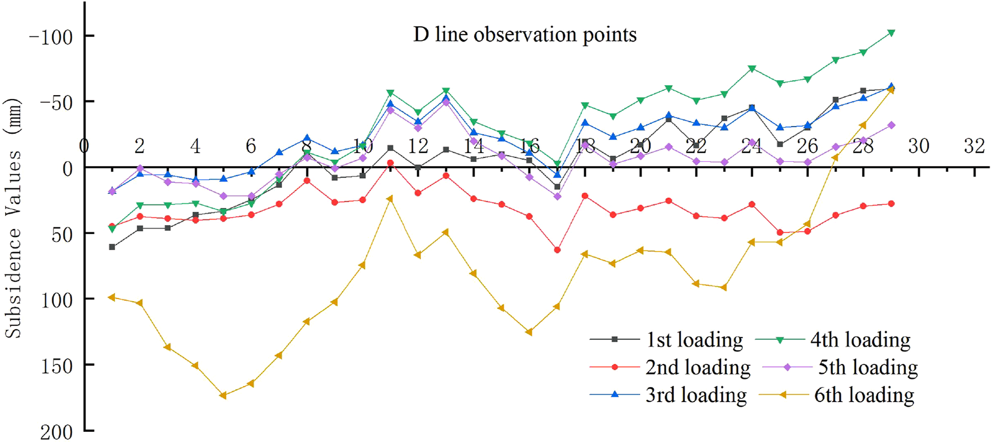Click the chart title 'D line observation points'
point(525,35)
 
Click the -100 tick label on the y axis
point(51,37)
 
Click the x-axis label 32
point(974,146)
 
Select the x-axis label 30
point(918,146)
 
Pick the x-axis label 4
point(195,146)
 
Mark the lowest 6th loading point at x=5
point(223,395)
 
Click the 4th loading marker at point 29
point(891,33)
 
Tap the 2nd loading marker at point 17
point(557,250)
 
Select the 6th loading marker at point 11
point(390,198)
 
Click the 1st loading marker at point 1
point(112,247)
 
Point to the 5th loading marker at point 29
point(891,125)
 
